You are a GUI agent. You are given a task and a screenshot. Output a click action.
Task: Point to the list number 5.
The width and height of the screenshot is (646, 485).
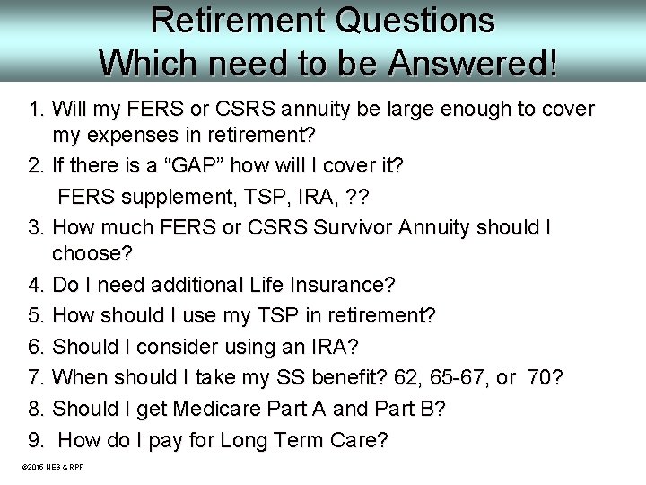(x=36, y=316)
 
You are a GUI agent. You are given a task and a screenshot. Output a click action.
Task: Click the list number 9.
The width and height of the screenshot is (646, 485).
(x=36, y=440)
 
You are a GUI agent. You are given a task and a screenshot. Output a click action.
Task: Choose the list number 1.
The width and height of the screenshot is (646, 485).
(x=36, y=110)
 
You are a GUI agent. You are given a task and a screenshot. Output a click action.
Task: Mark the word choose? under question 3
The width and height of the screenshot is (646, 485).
(x=92, y=255)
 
